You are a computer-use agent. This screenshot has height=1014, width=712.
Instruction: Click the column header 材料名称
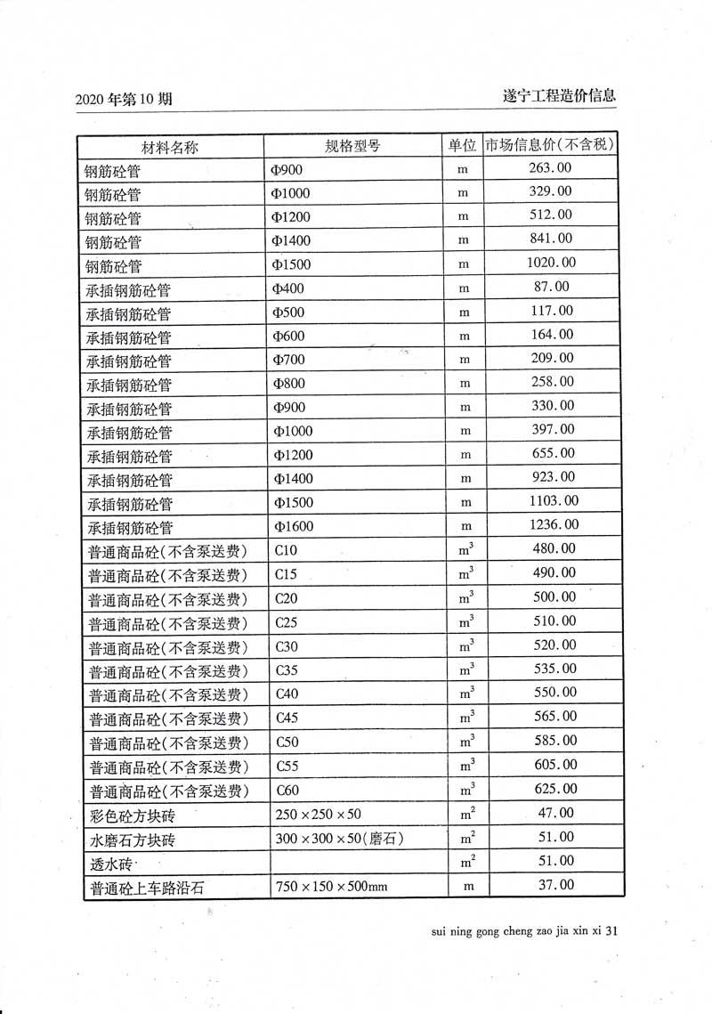169,146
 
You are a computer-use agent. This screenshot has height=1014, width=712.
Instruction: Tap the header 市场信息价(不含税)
552,144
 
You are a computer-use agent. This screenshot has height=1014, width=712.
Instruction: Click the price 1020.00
553,263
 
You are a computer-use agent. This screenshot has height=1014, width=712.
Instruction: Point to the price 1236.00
554,525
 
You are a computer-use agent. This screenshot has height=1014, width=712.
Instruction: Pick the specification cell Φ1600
294,526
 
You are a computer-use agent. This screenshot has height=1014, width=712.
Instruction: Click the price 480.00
554,549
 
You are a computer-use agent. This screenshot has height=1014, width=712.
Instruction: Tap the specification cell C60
287,791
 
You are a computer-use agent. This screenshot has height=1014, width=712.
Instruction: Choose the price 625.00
554,789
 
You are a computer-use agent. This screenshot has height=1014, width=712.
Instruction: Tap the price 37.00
556,885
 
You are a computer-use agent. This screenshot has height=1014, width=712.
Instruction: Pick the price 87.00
553,287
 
